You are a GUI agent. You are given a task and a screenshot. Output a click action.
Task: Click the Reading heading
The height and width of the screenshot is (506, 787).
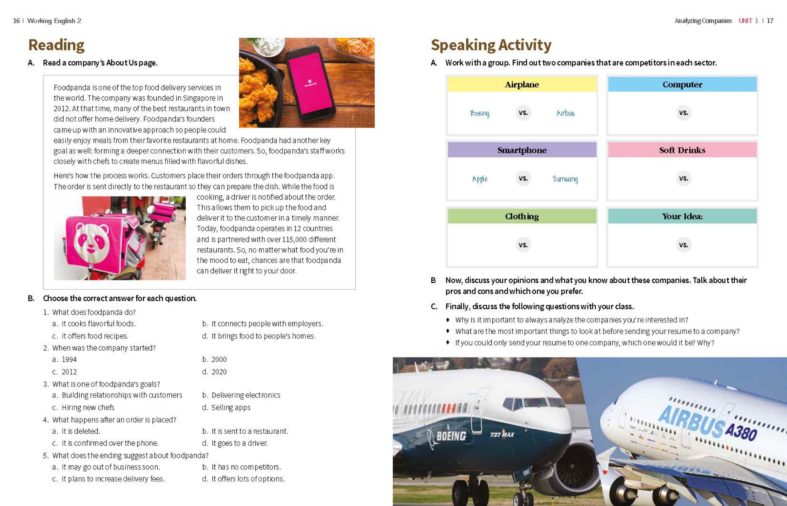point(56,45)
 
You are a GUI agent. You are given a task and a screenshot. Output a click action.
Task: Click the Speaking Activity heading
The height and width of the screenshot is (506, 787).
point(491,45)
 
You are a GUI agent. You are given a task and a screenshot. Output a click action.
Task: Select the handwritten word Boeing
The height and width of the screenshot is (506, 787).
point(480,113)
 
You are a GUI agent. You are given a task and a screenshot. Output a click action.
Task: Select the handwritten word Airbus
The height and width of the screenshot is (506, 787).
point(565,113)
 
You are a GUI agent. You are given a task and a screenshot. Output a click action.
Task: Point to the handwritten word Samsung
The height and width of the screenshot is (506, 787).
point(565,179)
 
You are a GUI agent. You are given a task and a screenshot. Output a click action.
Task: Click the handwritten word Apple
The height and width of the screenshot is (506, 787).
point(480,179)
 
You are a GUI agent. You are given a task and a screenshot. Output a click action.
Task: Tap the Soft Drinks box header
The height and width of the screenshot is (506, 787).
point(682,150)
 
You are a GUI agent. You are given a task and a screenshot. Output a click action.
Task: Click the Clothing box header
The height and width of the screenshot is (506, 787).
point(521,216)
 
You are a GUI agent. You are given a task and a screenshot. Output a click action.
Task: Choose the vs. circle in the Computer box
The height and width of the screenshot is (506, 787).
point(684,113)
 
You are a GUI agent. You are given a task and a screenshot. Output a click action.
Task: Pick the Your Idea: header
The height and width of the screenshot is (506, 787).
point(682,216)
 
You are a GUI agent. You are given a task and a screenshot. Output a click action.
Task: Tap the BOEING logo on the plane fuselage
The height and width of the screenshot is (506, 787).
point(451,436)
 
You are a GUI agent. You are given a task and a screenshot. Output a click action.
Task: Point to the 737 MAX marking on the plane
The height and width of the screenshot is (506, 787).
point(502,434)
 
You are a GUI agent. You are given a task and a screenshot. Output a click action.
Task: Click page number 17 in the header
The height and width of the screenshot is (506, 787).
point(770,21)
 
